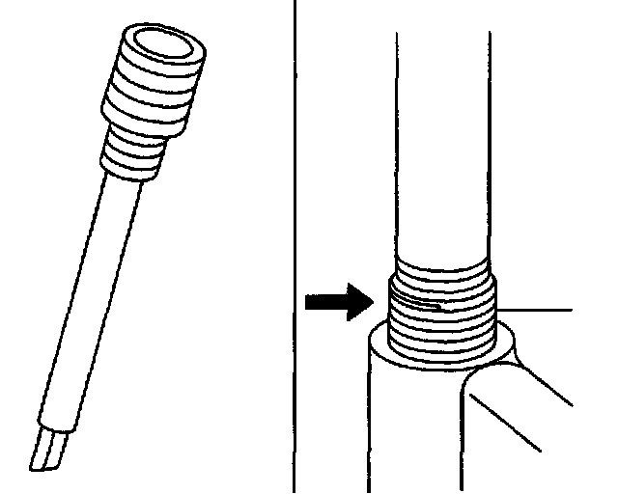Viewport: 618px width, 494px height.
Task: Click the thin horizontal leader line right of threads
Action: pos(541,309)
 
